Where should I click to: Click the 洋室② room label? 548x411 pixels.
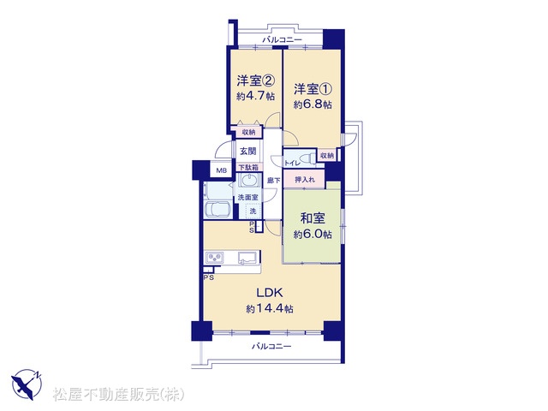point(255,81)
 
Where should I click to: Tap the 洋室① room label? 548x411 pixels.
point(312,89)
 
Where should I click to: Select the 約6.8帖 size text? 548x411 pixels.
point(313,104)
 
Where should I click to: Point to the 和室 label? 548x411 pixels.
point(313,219)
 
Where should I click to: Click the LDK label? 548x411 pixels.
point(270,293)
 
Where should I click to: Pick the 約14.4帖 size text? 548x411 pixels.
point(270,308)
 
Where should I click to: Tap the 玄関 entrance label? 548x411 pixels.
point(248,152)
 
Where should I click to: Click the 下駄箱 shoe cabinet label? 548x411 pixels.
point(248,168)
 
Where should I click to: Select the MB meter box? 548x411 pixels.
point(221,170)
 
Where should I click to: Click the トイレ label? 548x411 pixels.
point(291,163)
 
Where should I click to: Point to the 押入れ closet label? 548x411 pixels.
point(305,180)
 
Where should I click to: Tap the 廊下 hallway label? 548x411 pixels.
point(273,181)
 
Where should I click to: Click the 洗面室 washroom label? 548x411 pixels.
point(247,198)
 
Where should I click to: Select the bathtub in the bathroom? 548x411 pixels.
point(218,210)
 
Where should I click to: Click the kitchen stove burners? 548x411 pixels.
point(215,259)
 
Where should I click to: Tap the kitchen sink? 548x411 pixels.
point(247,258)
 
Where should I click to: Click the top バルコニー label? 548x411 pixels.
point(282,40)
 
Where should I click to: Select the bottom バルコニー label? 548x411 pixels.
point(271,347)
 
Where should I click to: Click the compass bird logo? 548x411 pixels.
point(27,384)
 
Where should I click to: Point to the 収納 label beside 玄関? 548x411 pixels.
point(248,133)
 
